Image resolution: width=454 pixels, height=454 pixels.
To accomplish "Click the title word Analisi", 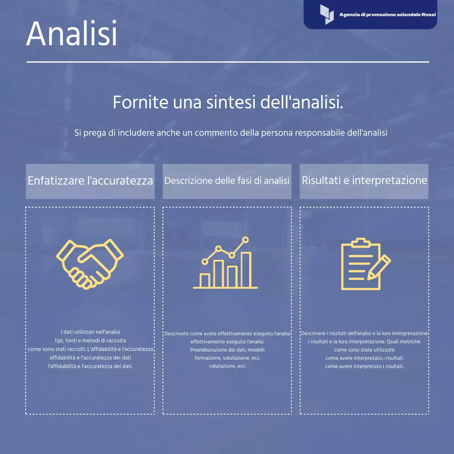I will (72, 33).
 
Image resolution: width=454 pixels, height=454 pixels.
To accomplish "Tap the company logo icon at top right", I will (327, 15).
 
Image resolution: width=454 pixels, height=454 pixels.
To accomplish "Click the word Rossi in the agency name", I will (428, 15).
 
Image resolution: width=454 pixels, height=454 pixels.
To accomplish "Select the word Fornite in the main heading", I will (140, 102).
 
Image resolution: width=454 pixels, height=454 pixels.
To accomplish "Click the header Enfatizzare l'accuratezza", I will (90, 181).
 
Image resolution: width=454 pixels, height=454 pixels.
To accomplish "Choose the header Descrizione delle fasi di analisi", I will (227, 181).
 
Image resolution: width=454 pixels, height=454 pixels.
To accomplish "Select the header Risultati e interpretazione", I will (364, 180).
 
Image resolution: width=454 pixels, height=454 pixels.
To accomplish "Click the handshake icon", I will (90, 264).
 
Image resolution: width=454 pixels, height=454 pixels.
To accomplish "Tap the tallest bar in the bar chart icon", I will (246, 270).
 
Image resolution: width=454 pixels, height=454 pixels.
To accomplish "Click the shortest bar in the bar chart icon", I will (205, 280).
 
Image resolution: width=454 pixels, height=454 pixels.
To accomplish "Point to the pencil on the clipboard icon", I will (379, 267).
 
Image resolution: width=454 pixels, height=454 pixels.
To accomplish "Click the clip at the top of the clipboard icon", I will (361, 243).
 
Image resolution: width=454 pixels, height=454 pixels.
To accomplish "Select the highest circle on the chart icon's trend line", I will (245, 240).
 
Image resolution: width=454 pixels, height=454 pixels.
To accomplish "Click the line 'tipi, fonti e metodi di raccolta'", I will (90, 340).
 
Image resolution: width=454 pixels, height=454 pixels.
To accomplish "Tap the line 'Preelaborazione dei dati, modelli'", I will (227, 350).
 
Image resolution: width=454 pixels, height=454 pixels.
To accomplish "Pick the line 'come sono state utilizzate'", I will (364, 350).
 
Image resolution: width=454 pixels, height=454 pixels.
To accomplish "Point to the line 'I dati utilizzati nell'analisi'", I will (90, 332).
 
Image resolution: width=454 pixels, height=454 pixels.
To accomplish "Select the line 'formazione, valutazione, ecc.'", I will (227, 358).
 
